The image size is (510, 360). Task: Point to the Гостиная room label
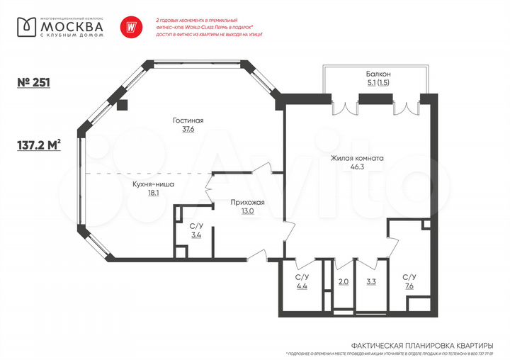pyautogui.click(x=188, y=120)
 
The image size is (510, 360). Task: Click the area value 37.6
pyautogui.click(x=188, y=130)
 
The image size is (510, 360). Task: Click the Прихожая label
pyautogui.click(x=247, y=202)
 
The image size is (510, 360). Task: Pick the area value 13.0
pyautogui.click(x=247, y=211)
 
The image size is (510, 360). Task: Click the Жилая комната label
pyautogui.click(x=356, y=159)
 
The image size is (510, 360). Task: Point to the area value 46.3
pyautogui.click(x=356, y=169)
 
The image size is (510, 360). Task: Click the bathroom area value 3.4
pyautogui.click(x=196, y=235)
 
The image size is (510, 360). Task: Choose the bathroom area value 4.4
pyautogui.click(x=301, y=286)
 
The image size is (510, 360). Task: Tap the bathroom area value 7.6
pyautogui.click(x=409, y=286)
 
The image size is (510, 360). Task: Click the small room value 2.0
pyautogui.click(x=343, y=282)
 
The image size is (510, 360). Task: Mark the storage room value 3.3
pyautogui.click(x=371, y=282)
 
